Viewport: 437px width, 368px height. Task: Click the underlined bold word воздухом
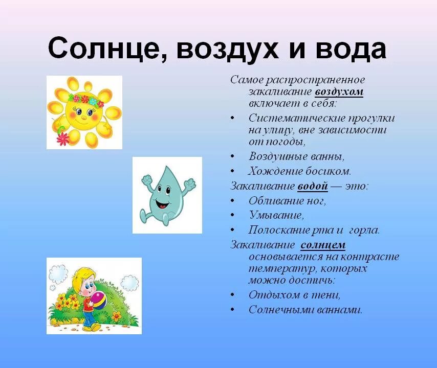[x=339, y=92]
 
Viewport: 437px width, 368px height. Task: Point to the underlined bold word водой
[x=313, y=186]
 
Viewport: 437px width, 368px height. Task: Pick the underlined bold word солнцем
[x=323, y=245]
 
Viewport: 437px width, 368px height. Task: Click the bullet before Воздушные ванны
[x=232, y=156]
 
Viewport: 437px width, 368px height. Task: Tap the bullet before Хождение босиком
[x=232, y=171]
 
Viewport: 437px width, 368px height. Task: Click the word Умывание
[x=276, y=215]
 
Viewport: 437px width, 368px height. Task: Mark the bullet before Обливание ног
[x=232, y=201]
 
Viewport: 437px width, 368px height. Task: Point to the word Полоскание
[x=277, y=230]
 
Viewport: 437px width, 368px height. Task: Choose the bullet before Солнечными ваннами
[x=232, y=310]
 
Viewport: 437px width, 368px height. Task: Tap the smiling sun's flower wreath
[x=86, y=100]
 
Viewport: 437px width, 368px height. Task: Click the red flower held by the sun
[x=63, y=139]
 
